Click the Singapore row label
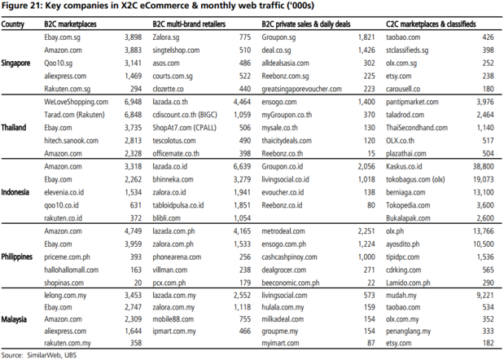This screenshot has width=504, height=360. [19, 63]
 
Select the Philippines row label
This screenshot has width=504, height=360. [20, 257]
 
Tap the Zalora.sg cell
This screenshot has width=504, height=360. [167, 37]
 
